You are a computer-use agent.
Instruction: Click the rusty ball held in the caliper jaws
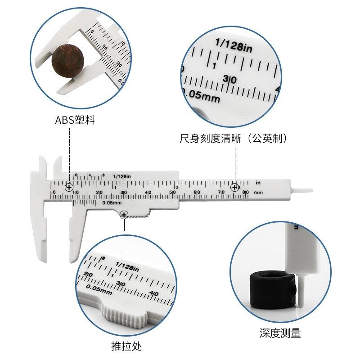(x=68, y=58)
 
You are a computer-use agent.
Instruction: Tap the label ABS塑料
(x=75, y=121)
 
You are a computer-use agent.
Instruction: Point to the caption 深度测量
(x=280, y=333)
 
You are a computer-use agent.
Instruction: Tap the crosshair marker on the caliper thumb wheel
(x=124, y=215)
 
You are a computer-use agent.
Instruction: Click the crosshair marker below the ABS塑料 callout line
(x=69, y=187)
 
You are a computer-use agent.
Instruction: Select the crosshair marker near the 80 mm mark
(x=234, y=187)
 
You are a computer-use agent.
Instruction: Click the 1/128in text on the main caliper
(x=122, y=176)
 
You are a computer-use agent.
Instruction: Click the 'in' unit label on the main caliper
(x=258, y=183)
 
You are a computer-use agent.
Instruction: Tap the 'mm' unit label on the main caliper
(x=258, y=192)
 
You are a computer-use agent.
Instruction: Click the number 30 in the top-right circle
(x=229, y=79)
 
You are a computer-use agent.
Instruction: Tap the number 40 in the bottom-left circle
(x=153, y=293)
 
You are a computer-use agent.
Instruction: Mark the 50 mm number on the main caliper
(x=172, y=193)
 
